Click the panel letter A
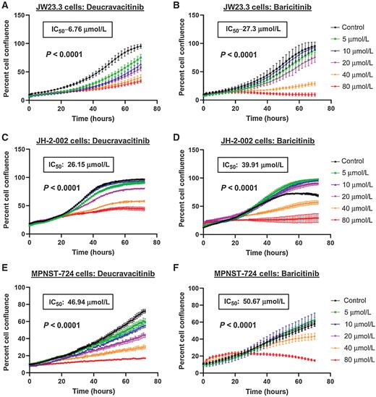tap(5, 6)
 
